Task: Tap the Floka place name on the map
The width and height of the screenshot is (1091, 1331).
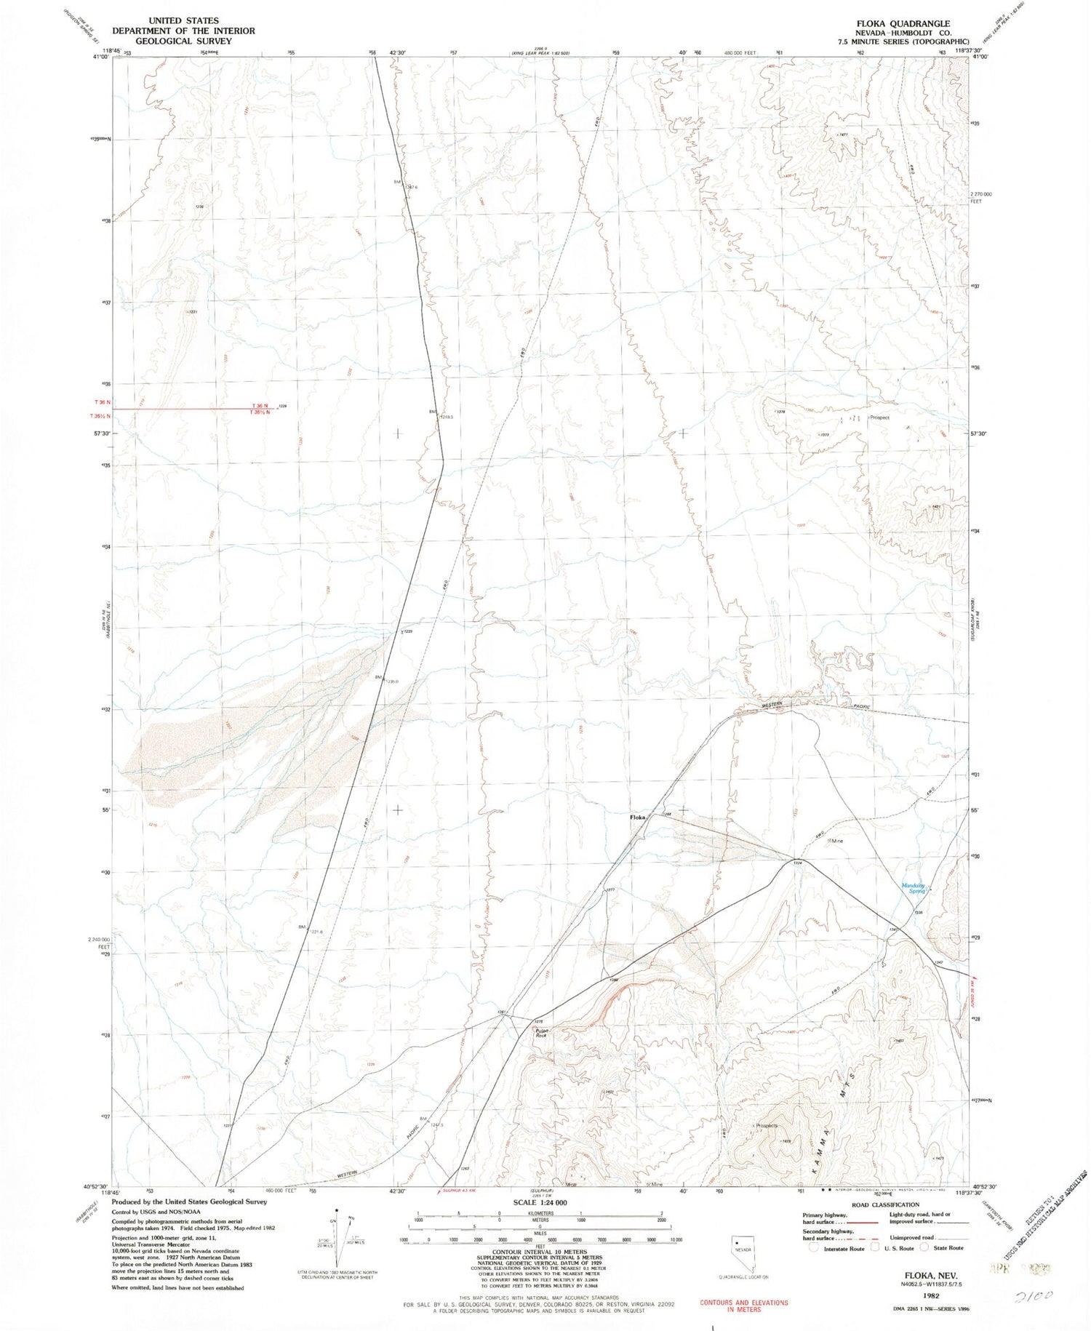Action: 637,818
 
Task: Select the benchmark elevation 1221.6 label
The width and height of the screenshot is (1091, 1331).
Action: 317,932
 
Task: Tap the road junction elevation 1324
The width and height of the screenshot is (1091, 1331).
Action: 797,863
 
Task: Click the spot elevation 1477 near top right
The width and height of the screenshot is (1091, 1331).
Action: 843,135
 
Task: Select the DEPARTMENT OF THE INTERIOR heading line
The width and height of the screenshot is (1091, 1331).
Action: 183,31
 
